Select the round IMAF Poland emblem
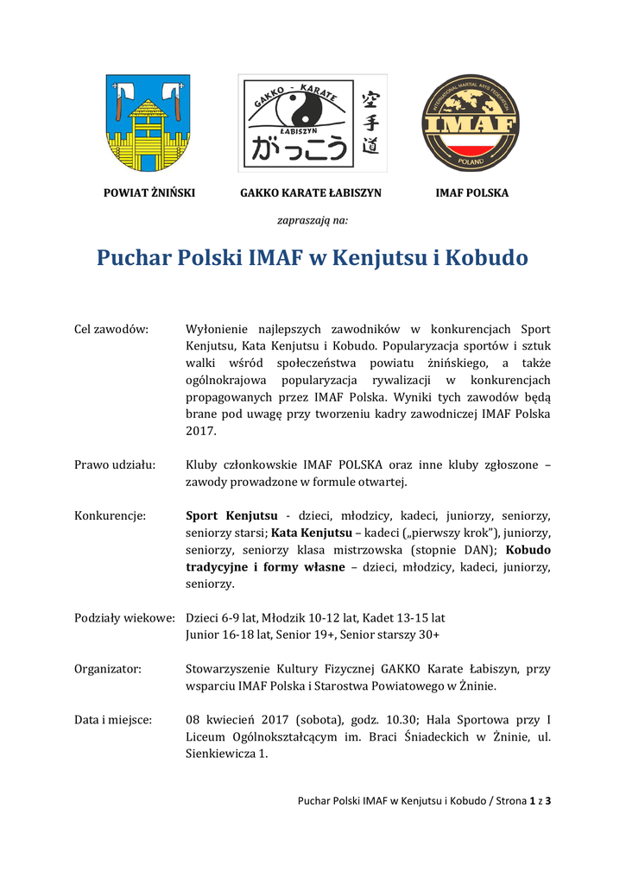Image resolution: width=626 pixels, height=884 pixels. point(471,123)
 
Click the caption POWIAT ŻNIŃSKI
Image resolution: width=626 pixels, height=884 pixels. point(149,193)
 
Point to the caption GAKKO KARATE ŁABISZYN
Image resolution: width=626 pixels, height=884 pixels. point(310,193)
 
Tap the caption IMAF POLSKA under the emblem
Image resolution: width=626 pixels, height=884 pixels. point(471,193)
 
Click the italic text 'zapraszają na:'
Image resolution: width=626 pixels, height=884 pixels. point(313,221)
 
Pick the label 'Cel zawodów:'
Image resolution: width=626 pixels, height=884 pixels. point(111,329)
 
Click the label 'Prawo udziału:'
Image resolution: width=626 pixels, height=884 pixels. point(115,465)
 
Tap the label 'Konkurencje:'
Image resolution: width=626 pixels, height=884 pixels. point(111,516)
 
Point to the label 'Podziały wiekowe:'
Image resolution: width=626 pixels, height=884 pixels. point(125,618)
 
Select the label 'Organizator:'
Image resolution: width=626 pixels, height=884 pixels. point(108,669)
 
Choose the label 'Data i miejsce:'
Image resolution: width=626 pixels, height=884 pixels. point(113,720)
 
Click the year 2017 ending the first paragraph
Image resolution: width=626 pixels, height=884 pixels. point(202,431)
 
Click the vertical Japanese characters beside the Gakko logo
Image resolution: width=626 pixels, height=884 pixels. point(370,123)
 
